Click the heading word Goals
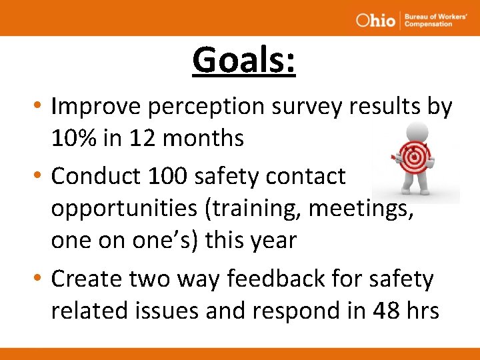(x=243, y=61)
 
